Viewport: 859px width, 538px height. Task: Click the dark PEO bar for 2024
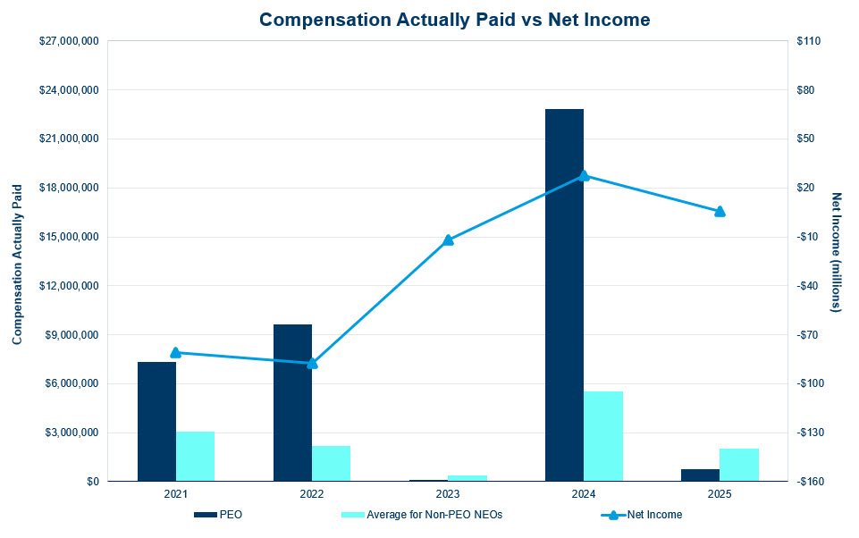(564, 295)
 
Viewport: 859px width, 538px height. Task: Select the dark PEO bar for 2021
(156, 422)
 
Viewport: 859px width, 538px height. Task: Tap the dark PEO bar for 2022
(292, 403)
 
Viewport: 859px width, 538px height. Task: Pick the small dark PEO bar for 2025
(700, 475)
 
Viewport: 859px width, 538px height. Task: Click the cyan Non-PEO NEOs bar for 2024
(603, 437)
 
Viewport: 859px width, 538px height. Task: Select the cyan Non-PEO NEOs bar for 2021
(195, 457)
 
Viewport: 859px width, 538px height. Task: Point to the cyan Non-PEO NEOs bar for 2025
(739, 465)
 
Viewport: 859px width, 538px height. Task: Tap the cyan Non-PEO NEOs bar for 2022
(331, 464)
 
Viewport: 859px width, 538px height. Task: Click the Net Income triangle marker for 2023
(448, 240)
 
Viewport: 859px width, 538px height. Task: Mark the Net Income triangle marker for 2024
(584, 175)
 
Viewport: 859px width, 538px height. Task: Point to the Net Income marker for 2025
(720, 212)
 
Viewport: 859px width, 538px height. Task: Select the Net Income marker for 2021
(176, 352)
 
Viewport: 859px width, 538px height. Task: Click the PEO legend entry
(218, 515)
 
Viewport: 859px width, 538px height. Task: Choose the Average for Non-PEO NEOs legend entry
(422, 515)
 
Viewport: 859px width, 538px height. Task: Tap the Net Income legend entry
(642, 515)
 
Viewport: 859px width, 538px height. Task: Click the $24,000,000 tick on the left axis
(69, 90)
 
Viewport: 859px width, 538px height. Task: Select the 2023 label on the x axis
(448, 494)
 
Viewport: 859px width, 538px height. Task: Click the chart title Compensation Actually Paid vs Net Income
(455, 20)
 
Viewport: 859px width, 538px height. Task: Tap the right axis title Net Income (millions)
(836, 253)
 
